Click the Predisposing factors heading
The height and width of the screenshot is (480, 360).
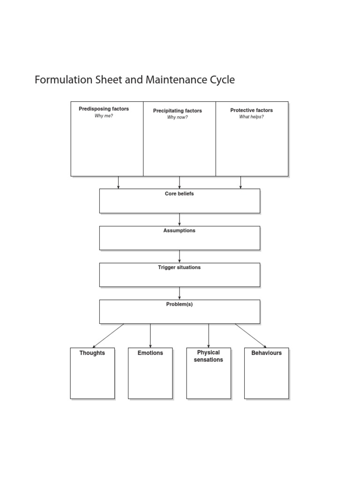104,109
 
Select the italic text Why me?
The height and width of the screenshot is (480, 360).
104,116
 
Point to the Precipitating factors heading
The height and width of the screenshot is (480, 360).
177,111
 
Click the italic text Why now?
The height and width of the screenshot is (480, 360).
177,117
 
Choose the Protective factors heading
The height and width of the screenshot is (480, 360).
251,110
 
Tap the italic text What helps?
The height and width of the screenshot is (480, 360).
251,117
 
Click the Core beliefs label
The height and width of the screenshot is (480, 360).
179,194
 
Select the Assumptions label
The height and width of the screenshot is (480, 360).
179,231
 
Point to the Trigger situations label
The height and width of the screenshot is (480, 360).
179,267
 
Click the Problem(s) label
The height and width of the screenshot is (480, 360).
179,304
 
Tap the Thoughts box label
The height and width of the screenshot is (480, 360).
92,353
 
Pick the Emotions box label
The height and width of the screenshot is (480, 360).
150,353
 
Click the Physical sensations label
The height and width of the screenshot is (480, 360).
208,356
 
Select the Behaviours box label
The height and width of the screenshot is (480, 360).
266,353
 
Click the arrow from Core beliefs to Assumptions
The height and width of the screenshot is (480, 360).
180,219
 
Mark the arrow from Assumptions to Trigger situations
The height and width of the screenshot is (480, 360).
180,256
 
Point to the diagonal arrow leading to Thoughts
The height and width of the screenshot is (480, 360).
108,336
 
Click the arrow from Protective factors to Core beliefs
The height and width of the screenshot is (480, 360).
240,182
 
